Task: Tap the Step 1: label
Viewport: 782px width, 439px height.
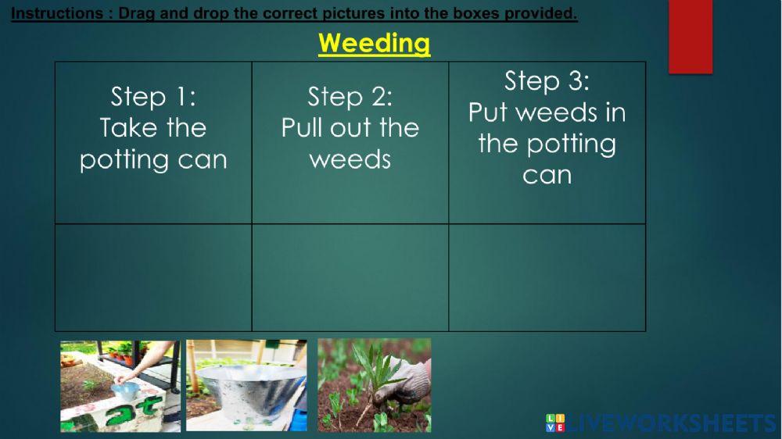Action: (x=153, y=97)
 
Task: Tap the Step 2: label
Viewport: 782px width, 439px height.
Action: (x=350, y=97)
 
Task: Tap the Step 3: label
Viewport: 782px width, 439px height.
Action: (x=547, y=80)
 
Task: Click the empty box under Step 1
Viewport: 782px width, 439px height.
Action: (x=153, y=277)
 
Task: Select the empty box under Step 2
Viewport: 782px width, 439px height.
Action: (x=350, y=277)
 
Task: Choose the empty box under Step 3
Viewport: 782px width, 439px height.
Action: (x=547, y=277)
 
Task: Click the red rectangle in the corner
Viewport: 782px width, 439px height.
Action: (x=690, y=36)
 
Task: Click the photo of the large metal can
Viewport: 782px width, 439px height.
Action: (x=246, y=385)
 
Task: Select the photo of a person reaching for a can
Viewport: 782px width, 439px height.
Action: (x=120, y=385)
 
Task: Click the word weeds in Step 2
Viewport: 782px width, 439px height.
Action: (x=350, y=159)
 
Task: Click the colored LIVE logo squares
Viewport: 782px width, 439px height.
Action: (x=554, y=424)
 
